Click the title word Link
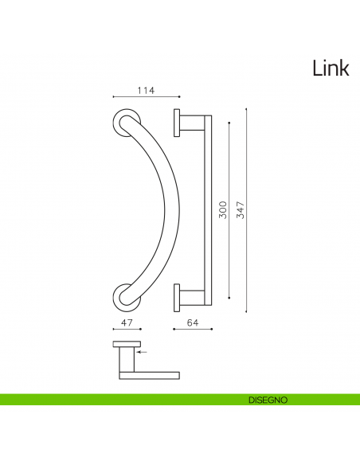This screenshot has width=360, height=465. point(331,68)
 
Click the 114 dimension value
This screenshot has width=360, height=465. point(144,91)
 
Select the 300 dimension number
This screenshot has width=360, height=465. point(223,209)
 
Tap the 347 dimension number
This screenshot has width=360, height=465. point(240,209)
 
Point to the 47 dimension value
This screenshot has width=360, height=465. point(125,322)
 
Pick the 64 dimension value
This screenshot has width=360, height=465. point(192,322)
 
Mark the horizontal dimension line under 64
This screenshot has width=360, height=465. point(192,330)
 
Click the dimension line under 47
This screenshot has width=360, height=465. point(125,330)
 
